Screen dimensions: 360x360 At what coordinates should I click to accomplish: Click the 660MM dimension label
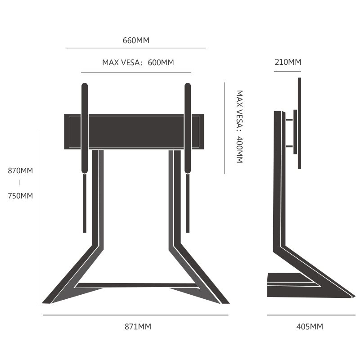(136, 40)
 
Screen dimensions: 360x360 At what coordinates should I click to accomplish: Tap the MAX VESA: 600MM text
(138, 63)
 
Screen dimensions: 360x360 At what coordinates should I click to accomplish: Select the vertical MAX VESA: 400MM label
(239, 127)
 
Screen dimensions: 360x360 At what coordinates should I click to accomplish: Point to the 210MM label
(288, 62)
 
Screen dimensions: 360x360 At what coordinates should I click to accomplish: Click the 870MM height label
(20, 171)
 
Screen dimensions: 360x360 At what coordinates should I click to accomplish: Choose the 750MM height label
(20, 196)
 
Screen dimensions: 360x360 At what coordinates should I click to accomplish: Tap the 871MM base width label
(138, 327)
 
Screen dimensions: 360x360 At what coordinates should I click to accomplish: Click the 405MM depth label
(310, 327)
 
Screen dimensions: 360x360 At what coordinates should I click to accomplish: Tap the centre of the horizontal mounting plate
(134, 131)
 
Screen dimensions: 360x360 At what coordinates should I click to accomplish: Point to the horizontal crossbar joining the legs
(135, 285)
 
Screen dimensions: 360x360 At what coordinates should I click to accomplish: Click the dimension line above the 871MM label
(135, 315)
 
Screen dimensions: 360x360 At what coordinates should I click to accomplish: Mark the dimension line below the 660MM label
(136, 48)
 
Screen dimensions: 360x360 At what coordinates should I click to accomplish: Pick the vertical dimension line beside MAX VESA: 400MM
(224, 127)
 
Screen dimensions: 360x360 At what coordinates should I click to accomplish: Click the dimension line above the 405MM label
(310, 315)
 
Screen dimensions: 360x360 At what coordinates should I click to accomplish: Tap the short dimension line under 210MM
(288, 71)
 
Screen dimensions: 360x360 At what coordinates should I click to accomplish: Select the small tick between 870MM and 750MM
(19, 183)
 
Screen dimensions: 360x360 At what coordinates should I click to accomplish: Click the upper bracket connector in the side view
(289, 120)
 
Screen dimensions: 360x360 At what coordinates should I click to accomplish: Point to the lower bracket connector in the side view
(289, 146)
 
